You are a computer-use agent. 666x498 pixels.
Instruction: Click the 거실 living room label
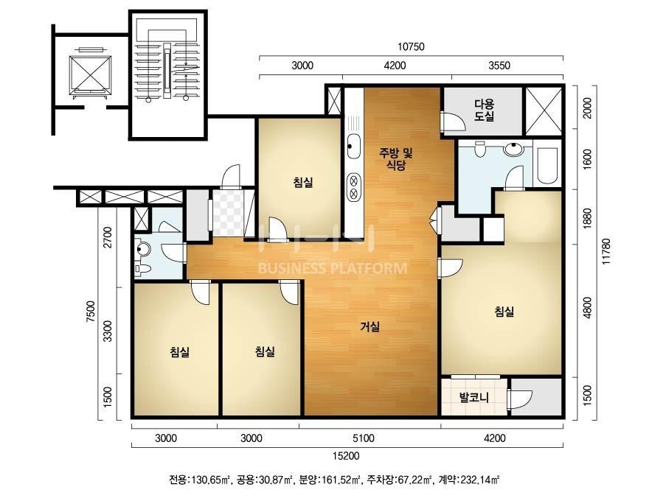(370, 326)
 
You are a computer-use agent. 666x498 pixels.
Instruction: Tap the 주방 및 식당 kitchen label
(396, 158)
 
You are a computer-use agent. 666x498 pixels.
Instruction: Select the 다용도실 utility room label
(485, 110)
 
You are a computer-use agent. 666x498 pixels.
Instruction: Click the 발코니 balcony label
(474, 398)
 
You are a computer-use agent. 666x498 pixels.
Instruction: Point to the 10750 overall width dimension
(411, 46)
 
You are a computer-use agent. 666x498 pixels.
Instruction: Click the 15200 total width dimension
(346, 456)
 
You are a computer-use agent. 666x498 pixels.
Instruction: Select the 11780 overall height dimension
(606, 251)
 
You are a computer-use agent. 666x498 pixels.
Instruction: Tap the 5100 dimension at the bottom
(364, 438)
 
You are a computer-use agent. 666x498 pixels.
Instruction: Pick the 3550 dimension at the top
(499, 66)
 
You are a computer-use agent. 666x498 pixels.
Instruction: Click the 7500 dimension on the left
(91, 312)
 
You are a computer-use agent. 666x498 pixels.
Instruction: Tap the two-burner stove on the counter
(353, 187)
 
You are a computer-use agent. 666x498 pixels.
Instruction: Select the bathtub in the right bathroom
(547, 166)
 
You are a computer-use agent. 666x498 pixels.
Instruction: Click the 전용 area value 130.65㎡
(211, 480)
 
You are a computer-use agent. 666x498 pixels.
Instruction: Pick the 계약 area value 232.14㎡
(481, 480)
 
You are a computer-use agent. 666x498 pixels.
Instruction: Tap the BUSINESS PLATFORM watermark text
(333, 268)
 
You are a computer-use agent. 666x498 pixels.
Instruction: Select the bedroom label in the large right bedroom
(504, 312)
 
